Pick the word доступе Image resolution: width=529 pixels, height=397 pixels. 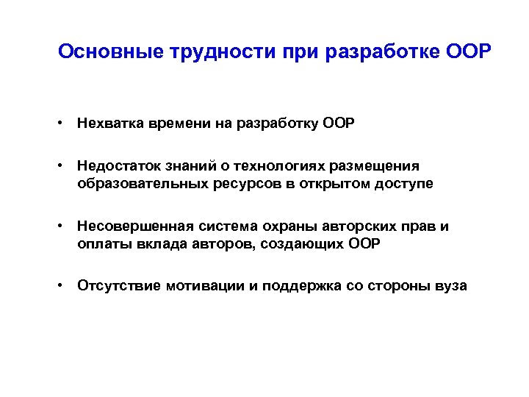tap(400, 183)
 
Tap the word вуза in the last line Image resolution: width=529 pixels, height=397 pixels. tap(450, 285)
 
